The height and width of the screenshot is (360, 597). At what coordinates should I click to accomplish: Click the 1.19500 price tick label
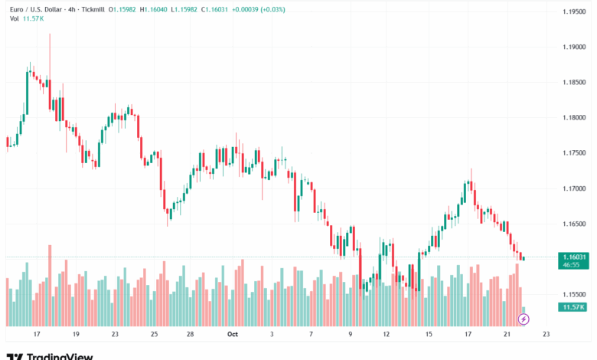point(575,12)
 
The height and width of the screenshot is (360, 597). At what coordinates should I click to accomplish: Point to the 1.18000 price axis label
point(575,117)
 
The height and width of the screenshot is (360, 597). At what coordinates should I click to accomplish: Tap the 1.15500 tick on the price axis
point(575,294)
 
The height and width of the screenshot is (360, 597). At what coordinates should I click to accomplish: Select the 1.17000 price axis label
point(575,188)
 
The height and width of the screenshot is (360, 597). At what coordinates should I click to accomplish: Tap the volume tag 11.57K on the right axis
point(573,306)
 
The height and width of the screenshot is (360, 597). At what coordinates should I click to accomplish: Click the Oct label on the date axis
point(233,334)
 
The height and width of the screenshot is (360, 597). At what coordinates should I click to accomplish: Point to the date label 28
point(189,334)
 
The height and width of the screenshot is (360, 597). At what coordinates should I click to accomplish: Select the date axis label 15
point(429,334)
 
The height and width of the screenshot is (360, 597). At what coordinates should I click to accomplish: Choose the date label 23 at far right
point(545,334)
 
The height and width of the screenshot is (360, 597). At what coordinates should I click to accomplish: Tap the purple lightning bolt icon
point(524,318)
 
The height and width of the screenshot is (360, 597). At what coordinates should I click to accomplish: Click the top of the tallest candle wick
point(50,34)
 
